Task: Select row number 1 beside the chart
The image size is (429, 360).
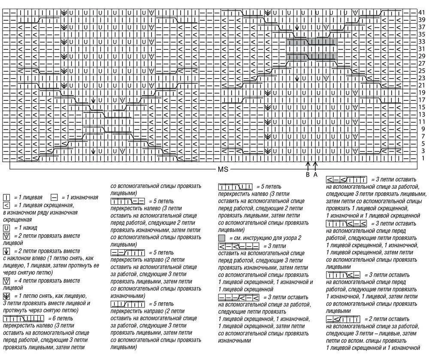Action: (422, 158)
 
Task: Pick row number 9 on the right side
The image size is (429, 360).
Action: (422, 129)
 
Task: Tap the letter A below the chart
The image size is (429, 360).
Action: (315, 175)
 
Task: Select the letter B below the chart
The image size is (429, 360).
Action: (308, 175)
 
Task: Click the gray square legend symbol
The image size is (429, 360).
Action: (222, 238)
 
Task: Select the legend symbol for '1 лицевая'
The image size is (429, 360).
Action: (6, 197)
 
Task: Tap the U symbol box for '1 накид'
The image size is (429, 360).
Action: (6, 228)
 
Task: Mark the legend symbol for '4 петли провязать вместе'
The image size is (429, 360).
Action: (6, 281)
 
